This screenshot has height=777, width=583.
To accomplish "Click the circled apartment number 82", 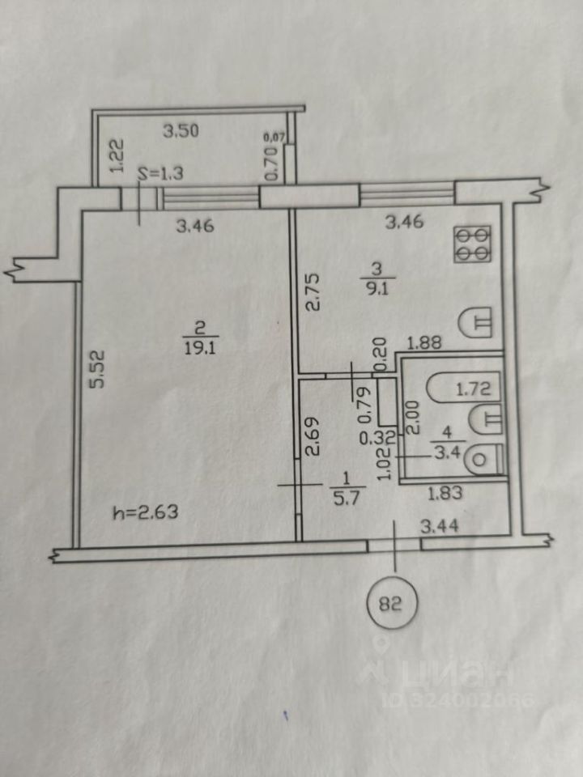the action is [392, 604].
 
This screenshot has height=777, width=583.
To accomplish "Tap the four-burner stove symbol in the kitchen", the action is [472, 244].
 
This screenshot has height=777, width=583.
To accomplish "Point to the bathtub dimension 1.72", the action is [473, 388].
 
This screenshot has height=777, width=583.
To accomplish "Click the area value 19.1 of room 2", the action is [199, 348].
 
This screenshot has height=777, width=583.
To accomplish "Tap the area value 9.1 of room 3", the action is [377, 289].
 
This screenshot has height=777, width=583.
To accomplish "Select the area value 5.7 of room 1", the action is [346, 498].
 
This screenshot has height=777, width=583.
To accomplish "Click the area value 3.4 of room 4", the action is [448, 452].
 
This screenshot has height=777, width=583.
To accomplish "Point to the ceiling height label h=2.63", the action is [146, 512].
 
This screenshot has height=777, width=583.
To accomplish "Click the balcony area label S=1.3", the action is [160, 173].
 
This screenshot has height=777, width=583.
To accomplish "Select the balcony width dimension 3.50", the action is [181, 131].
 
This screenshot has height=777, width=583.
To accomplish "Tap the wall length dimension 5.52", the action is [100, 369].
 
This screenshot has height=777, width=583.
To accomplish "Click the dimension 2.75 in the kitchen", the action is [313, 292].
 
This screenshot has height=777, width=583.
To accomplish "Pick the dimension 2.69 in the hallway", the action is [313, 436].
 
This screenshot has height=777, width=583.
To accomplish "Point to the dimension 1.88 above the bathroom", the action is [423, 342].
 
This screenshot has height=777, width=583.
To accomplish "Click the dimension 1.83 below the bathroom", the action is [445, 493].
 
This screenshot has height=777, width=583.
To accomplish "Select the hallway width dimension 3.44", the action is [439, 526].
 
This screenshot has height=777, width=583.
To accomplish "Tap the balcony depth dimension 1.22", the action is [117, 155].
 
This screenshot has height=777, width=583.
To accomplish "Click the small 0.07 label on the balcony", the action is [274, 135].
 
